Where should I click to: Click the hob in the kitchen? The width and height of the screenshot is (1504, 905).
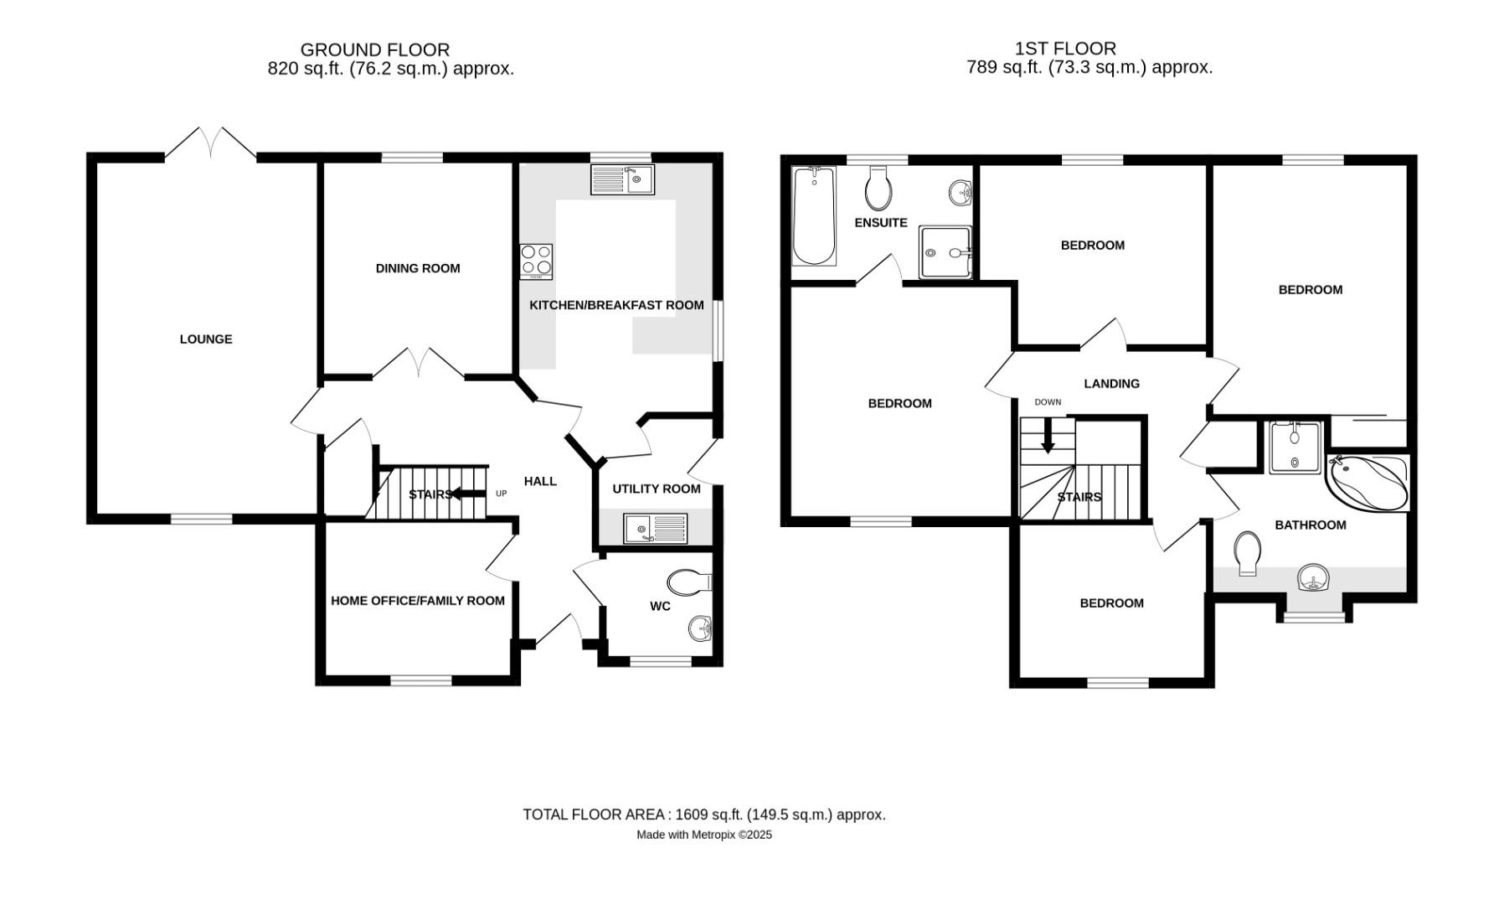[536, 261]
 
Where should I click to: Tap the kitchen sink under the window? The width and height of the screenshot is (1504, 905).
[622, 179]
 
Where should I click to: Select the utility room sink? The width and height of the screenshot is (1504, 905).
[655, 529]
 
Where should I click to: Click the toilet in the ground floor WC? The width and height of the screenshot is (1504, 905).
[690, 582]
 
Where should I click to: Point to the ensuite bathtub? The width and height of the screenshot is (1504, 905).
[813, 215]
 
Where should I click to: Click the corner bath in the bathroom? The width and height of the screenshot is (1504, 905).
[1367, 484]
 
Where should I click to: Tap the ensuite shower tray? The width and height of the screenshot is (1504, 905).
[945, 251]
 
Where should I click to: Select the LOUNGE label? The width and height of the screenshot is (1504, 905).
[206, 339]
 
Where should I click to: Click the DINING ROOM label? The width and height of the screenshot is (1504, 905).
[417, 268]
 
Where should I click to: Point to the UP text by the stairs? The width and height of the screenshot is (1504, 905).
[501, 494]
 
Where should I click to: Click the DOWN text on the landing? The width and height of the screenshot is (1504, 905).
[1047, 402]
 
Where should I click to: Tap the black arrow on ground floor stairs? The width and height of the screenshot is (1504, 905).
[467, 494]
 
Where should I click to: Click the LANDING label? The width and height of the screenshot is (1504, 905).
[1111, 384]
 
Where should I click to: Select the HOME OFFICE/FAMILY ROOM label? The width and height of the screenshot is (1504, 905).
[417, 601]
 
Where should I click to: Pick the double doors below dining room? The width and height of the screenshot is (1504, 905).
[419, 365]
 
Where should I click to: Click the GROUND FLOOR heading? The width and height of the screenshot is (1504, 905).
[374, 49]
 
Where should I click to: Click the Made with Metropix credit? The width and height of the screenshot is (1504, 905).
[703, 835]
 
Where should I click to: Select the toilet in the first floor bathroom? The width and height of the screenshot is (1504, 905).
[1248, 552]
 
